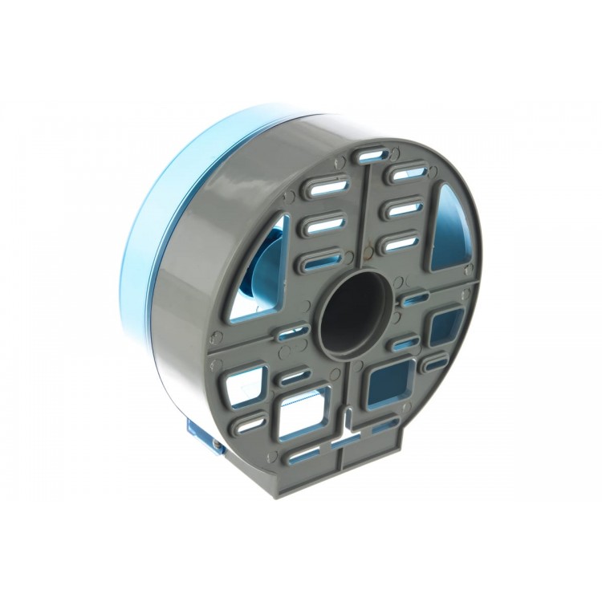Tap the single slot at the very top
click(x=372, y=156)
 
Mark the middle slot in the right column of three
click(x=405, y=209)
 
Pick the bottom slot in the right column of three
click(x=401, y=242)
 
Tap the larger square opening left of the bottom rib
click(x=305, y=407)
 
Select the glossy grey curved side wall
click(x=201, y=265)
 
